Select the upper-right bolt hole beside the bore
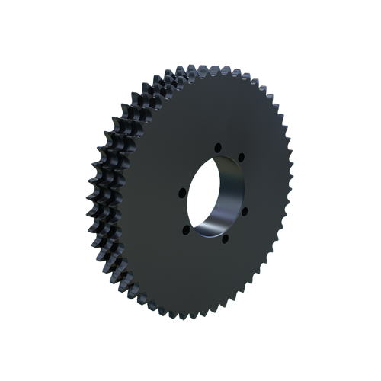(x=242, y=158)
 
